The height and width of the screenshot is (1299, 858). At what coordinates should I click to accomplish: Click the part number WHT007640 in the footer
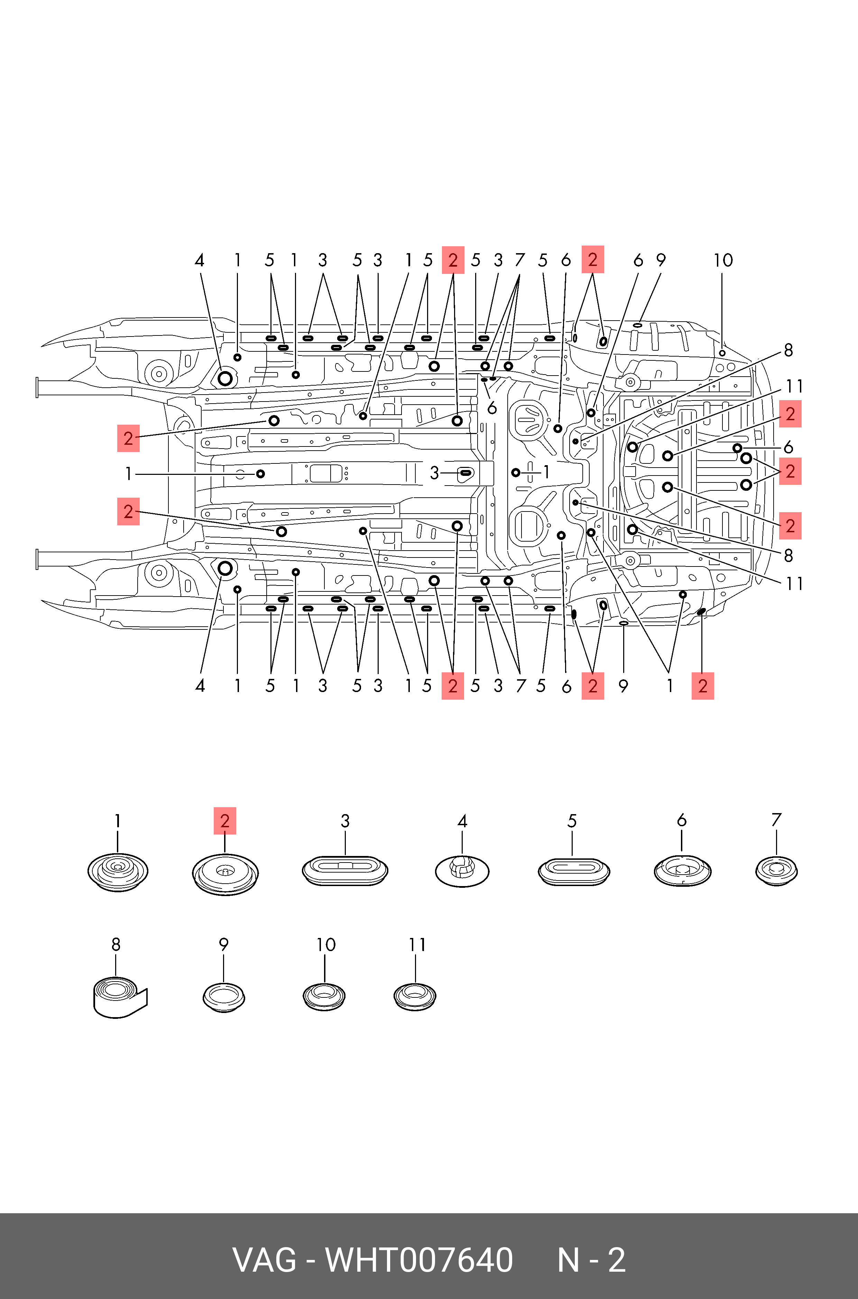tap(419, 1260)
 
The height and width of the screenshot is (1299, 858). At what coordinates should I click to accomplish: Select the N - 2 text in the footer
tap(591, 1260)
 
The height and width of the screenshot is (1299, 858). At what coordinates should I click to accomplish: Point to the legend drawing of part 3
tap(345, 870)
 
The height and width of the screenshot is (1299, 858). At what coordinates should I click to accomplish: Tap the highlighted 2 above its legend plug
tap(225, 820)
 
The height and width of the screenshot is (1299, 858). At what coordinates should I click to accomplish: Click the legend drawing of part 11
tap(415, 996)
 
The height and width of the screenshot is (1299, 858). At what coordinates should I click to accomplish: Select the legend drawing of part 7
tap(776, 870)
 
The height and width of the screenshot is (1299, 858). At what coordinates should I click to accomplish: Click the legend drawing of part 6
tap(682, 870)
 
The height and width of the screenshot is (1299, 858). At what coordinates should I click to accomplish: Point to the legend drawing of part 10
tap(324, 996)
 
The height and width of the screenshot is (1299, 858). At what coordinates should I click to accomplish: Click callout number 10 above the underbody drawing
tap(723, 260)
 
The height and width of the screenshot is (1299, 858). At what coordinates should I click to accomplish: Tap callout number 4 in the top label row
tap(200, 260)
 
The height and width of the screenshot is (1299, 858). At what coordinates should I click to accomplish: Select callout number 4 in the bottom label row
tap(200, 685)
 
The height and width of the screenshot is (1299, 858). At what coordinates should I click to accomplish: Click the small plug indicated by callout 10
tap(722, 353)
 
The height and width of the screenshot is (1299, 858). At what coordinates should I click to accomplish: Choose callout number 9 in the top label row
tap(661, 260)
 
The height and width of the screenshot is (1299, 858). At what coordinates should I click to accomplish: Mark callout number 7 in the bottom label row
tap(521, 685)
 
